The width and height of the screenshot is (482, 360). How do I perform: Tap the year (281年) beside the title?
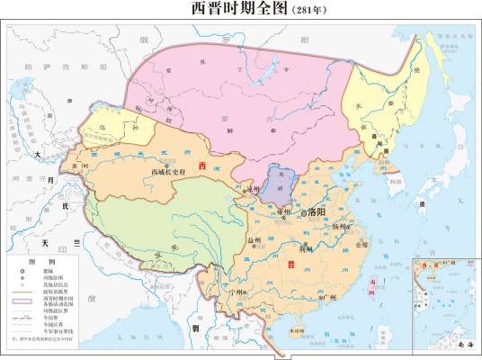pyautogui.click(x=307, y=11)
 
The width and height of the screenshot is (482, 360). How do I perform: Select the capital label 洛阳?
pyautogui.click(x=321, y=212)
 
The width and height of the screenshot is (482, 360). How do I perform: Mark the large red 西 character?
pyautogui.click(x=202, y=167)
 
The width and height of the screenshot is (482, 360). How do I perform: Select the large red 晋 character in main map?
pyautogui.click(x=291, y=265)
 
